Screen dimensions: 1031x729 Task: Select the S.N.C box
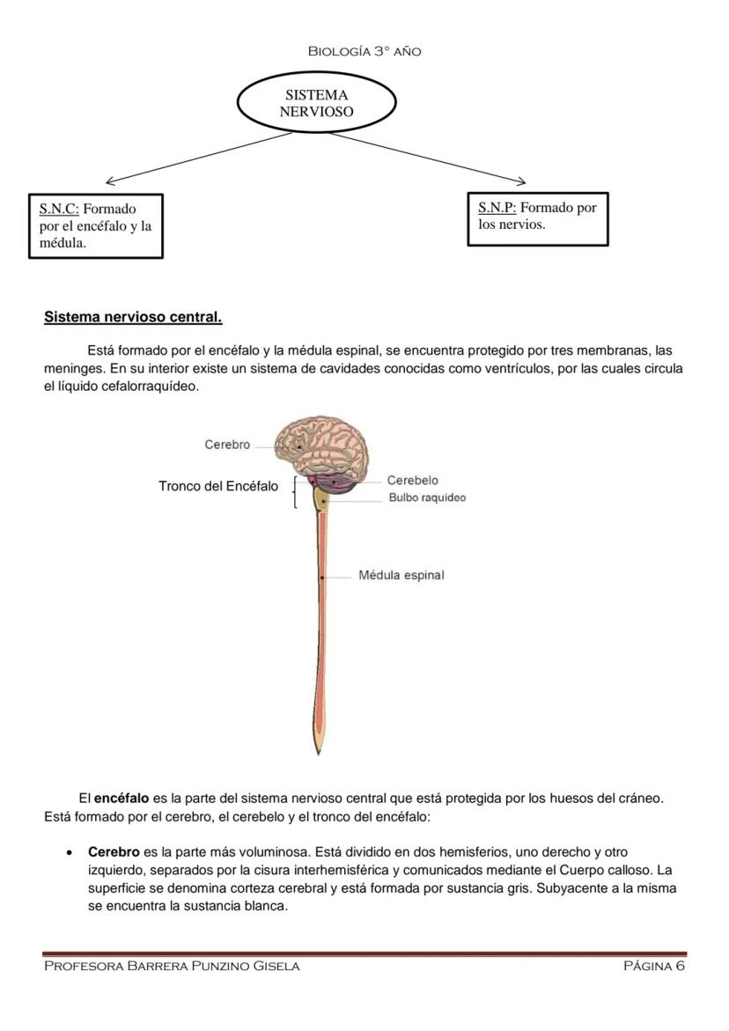[x=95, y=226]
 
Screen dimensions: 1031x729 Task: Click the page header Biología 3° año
[x=364, y=51]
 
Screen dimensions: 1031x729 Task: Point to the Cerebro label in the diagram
[x=227, y=445]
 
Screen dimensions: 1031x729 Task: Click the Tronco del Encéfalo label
[x=218, y=486]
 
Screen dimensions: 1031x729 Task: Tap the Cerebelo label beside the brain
[x=412, y=480]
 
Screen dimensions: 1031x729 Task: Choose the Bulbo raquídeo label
[x=427, y=497]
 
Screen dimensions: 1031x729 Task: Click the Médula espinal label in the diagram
[x=401, y=575]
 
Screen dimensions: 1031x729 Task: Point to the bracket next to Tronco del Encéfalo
[x=293, y=492]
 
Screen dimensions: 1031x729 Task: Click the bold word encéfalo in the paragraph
[x=121, y=799]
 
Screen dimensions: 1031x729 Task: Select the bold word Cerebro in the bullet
[x=114, y=852]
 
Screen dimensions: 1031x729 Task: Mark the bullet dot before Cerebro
[x=70, y=853]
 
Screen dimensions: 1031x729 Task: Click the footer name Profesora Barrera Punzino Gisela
[x=172, y=966]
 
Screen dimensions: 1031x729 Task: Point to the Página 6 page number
[x=653, y=966]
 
